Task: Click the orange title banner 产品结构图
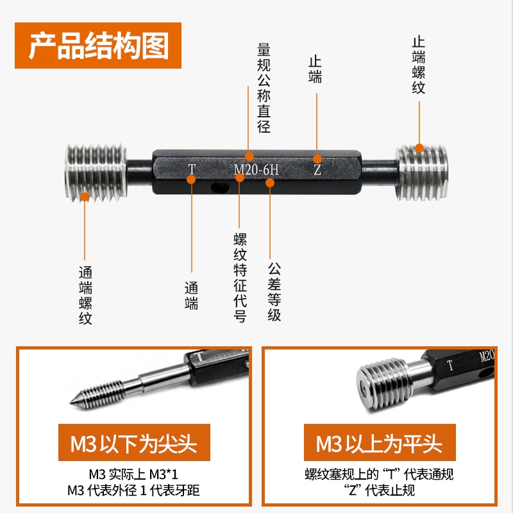(98, 46)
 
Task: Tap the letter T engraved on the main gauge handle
(192, 169)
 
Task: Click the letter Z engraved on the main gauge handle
(317, 169)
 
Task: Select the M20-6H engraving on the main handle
(256, 170)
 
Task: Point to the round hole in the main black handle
(219, 187)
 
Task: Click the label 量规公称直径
(264, 88)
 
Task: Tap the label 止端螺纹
(419, 65)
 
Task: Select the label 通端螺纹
(85, 295)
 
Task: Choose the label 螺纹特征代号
(240, 278)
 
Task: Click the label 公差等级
(274, 291)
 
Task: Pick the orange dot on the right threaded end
(419, 148)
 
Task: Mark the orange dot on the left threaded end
(85, 197)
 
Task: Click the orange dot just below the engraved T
(191, 180)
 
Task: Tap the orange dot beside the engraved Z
(317, 159)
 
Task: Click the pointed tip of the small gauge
(71, 402)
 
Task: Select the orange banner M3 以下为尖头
(134, 442)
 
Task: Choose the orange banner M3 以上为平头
(380, 442)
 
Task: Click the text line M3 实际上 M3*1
(134, 474)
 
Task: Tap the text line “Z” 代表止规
(379, 490)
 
